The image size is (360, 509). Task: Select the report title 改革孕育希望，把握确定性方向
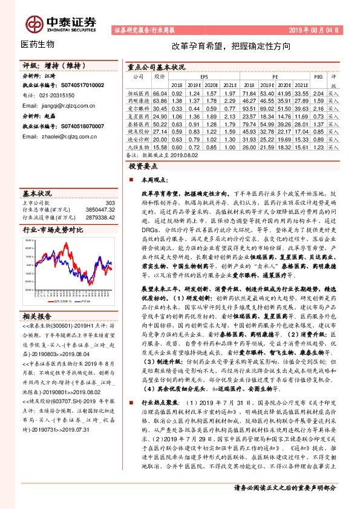click(x=231, y=46)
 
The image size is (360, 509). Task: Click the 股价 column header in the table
click(x=159, y=77)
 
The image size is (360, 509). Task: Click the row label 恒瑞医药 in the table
click(x=138, y=94)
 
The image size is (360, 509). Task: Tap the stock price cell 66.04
click(x=159, y=94)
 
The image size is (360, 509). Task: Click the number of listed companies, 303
click(x=110, y=203)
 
